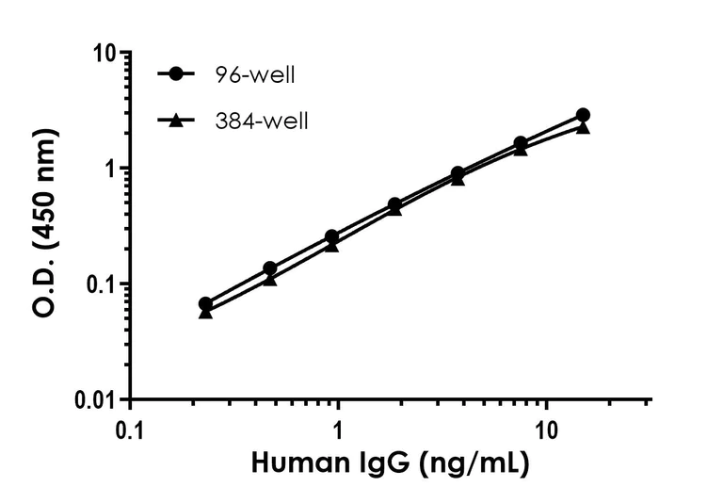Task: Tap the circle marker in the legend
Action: [175, 73]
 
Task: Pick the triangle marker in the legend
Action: [175, 121]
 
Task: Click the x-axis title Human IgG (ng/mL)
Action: [389, 464]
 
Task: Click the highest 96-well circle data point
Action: [583, 115]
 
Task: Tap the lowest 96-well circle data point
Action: [205, 304]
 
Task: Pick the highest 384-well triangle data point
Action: [583, 127]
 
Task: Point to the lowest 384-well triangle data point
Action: [205, 313]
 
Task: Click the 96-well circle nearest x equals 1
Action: [331, 236]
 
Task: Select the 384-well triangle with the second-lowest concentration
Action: [269, 280]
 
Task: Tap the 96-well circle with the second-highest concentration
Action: [521, 143]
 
